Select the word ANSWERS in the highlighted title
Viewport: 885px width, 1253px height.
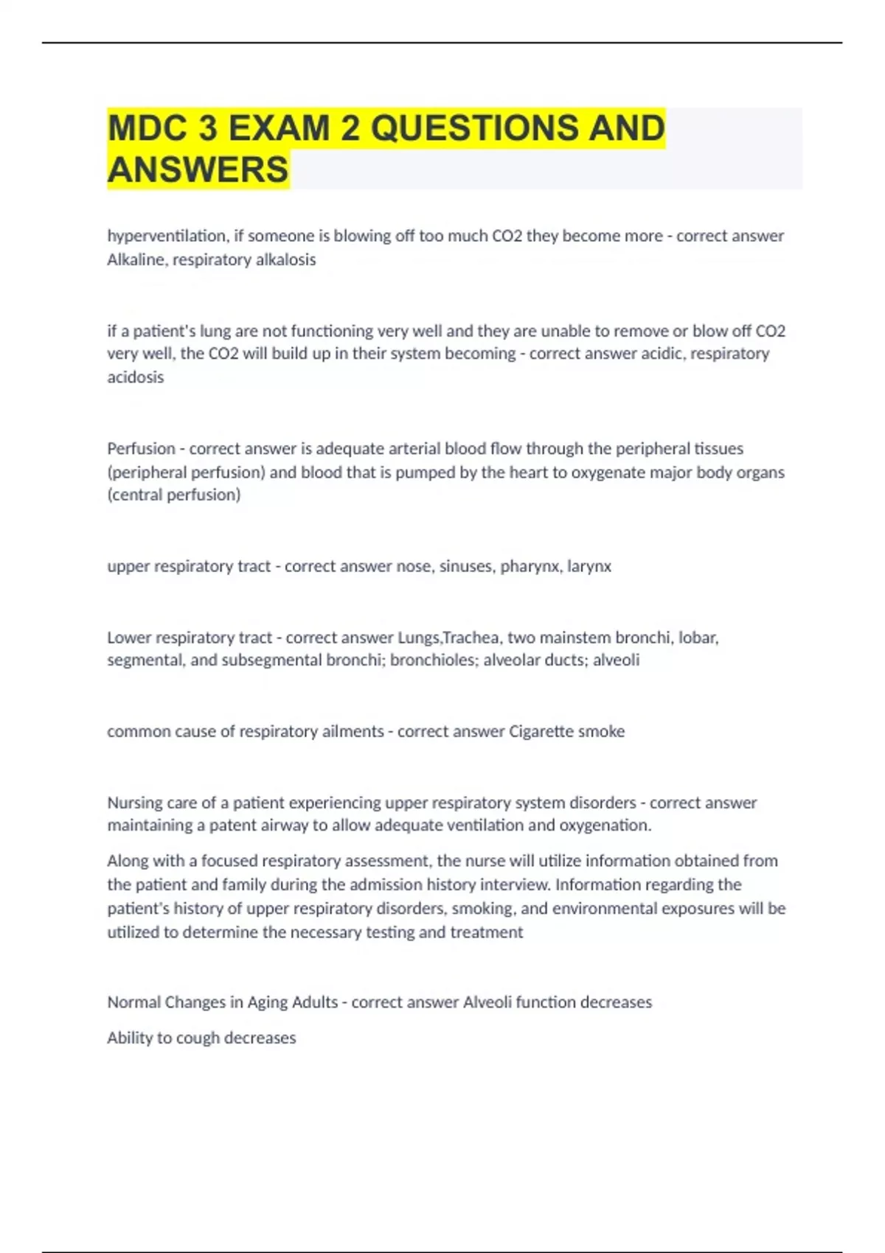[198, 170]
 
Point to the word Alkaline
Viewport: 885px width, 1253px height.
[136, 259]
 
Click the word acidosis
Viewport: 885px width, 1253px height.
[136, 377]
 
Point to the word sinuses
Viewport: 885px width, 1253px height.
[467, 566]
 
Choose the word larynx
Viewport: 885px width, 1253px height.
[589, 566]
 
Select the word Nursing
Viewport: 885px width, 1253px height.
[135, 802]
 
